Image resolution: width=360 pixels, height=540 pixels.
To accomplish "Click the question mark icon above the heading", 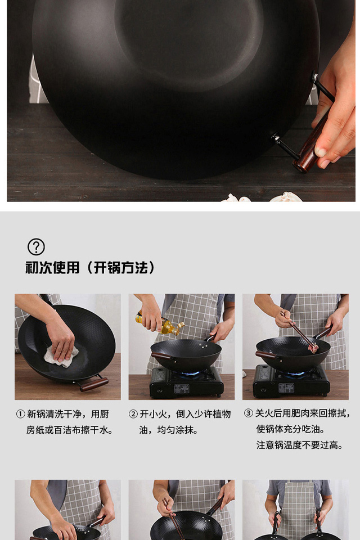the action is pos(36,246).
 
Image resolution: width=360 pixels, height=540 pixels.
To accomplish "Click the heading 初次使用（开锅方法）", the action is pos(91,268).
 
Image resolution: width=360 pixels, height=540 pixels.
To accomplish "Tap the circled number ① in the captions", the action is pos(20,414).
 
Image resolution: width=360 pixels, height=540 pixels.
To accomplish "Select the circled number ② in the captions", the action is pos(133,414).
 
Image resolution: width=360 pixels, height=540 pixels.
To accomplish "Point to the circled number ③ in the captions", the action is pos(249,413).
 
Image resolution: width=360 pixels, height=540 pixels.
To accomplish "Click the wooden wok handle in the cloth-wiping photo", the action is pos(94,384).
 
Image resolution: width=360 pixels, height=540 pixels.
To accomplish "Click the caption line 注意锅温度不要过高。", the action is pos(300,445).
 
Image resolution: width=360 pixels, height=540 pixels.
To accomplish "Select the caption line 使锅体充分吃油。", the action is pos(291,429).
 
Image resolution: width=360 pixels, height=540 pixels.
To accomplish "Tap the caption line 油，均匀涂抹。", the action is pos(168,430).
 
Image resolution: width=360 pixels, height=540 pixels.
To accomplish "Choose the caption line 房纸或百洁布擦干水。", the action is pos(70,430).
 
